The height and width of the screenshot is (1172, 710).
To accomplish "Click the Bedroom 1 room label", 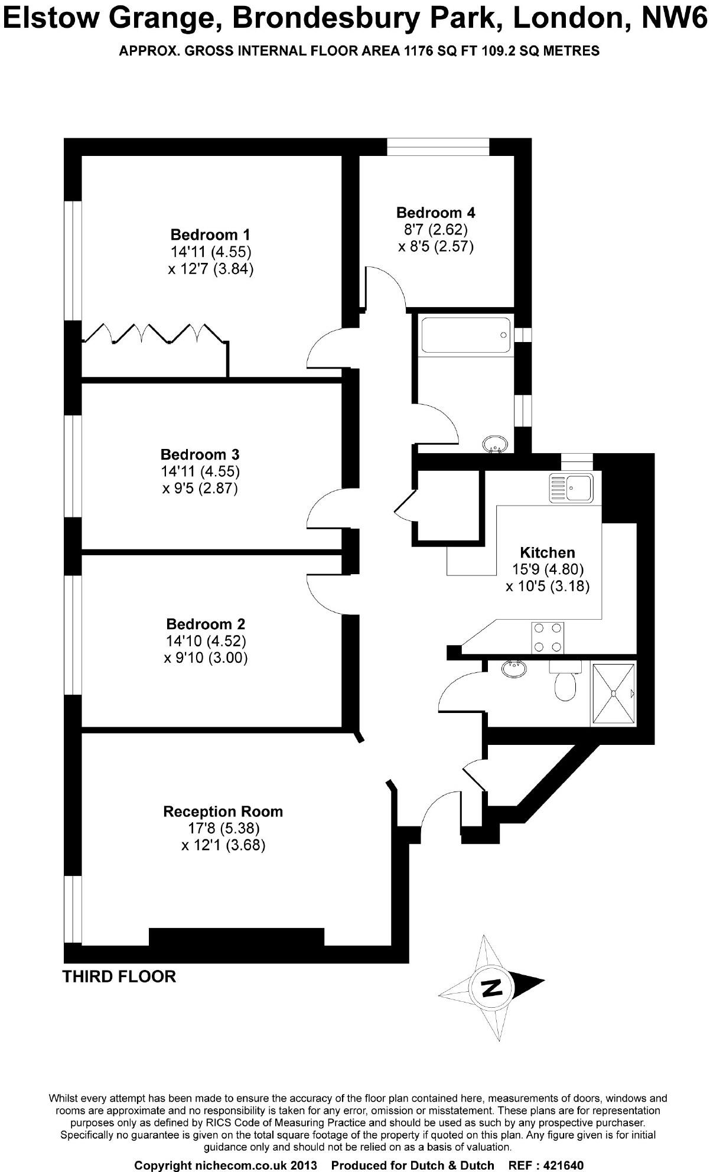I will [x=210, y=235].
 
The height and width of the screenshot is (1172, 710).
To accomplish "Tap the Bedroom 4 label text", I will [x=435, y=213].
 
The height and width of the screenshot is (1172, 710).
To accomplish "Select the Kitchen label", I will [x=547, y=553].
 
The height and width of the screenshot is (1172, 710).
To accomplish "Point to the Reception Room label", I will [x=223, y=812].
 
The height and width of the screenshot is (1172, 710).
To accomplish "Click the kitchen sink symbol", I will [x=571, y=488].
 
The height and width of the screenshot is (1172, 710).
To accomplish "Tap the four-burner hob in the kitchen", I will [x=547, y=638].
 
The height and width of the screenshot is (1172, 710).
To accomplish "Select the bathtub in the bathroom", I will [x=464, y=335].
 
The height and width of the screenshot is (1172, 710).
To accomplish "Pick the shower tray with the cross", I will [x=614, y=694].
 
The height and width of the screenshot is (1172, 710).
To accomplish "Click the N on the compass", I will [x=491, y=987].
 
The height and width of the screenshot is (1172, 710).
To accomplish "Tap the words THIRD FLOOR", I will [x=119, y=976].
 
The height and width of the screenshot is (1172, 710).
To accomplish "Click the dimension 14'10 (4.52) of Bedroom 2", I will [x=206, y=641].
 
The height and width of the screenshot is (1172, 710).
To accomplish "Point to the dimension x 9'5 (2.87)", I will [x=200, y=489].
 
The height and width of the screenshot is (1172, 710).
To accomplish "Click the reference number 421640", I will [x=555, y=1149].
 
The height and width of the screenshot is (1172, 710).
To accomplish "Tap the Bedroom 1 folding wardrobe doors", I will [x=155, y=333].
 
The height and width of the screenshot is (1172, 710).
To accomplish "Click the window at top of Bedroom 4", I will [x=438, y=146].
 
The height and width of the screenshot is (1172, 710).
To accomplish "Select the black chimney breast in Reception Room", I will [x=236, y=937].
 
